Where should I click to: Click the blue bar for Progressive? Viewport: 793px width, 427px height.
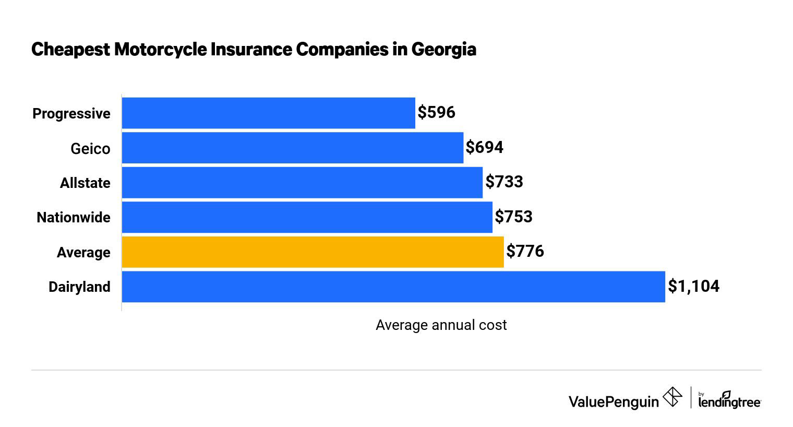pyautogui.click(x=268, y=113)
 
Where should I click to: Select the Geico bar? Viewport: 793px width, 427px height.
pyautogui.click(x=292, y=148)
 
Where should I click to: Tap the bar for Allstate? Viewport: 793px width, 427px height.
pyautogui.click(x=302, y=182)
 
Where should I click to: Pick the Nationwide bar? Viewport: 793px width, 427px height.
pyautogui.click(x=307, y=217)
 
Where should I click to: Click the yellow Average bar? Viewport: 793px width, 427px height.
pyautogui.click(x=313, y=252)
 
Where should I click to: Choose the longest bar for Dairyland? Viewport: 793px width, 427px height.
pyautogui.click(x=393, y=287)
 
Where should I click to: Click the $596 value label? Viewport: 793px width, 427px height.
pyautogui.click(x=437, y=112)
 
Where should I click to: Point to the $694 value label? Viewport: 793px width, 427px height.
pyautogui.click(x=485, y=147)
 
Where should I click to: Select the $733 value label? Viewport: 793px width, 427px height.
pyautogui.click(x=504, y=182)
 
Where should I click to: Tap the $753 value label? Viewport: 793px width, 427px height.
pyautogui.click(x=514, y=217)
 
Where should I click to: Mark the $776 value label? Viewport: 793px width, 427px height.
pyautogui.click(x=525, y=251)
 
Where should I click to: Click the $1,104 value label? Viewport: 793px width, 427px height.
pyautogui.click(x=694, y=286)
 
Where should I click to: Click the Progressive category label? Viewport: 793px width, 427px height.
pyautogui.click(x=71, y=114)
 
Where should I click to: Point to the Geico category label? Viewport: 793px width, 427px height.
pyautogui.click(x=90, y=149)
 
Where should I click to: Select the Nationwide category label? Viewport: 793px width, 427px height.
pyautogui.click(x=74, y=218)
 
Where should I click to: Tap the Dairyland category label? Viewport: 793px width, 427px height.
pyautogui.click(x=79, y=287)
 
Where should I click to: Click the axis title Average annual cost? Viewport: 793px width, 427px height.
pyautogui.click(x=441, y=325)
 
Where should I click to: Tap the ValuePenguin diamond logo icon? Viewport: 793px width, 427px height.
pyautogui.click(x=672, y=397)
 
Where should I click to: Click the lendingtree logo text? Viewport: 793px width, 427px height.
pyautogui.click(x=729, y=401)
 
